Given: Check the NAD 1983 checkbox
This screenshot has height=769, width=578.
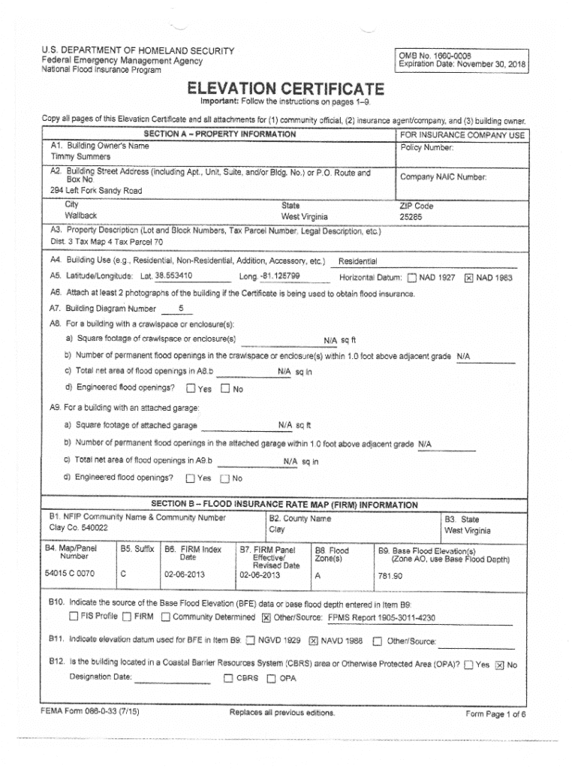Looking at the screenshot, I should [469, 278].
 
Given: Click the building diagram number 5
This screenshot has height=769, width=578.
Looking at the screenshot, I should [180, 308].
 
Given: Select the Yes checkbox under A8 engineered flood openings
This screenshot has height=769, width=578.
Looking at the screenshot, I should [191, 388].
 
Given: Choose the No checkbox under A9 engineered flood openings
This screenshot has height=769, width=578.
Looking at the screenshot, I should [224, 478].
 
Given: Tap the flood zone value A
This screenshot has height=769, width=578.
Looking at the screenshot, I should [318, 575].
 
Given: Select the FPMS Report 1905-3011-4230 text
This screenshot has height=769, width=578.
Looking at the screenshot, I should [382, 618].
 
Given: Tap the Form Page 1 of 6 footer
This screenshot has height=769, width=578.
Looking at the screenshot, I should [496, 714].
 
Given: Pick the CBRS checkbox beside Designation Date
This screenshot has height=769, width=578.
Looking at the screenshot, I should [228, 679].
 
